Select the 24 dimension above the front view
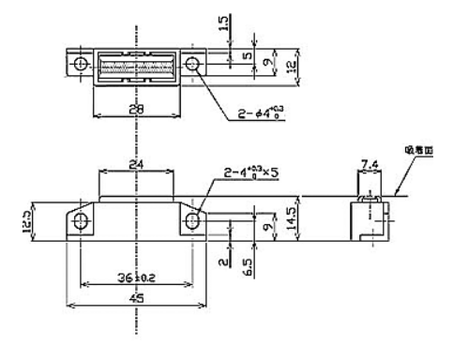point(137,163)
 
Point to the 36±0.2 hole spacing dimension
point(137,278)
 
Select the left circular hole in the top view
point(82,65)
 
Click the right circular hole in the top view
point(193,65)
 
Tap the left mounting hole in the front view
point(82,221)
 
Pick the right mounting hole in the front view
point(193,221)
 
